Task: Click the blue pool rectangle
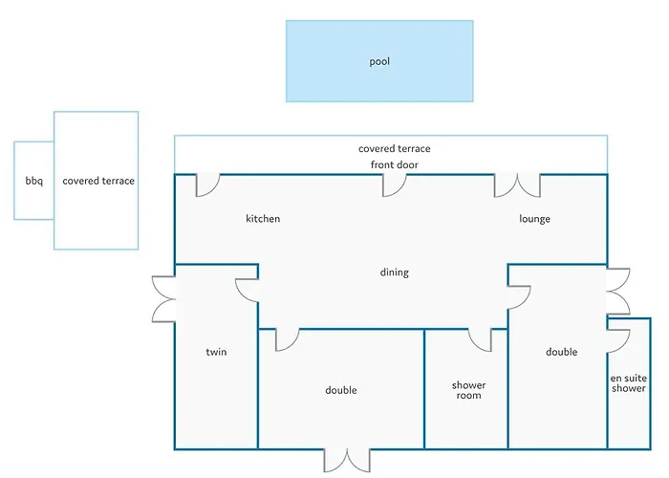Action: coord(379,61)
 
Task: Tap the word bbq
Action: coord(33,181)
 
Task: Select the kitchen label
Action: coord(263,219)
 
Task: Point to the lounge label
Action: coord(534,219)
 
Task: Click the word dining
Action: coord(394,272)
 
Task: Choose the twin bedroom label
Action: coord(216,352)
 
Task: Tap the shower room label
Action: coord(468,390)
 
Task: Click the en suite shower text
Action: coord(629,382)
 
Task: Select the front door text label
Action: coord(394,164)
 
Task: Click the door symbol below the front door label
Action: coord(394,185)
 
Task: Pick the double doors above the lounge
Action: coord(517,185)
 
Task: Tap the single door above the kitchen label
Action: coord(207,185)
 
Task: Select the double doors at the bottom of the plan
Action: coord(345,459)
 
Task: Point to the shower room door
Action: coord(480,338)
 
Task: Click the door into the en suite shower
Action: coord(618,340)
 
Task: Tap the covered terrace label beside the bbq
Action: coord(98,181)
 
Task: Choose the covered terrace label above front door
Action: coord(394,149)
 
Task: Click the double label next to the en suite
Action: coord(561,352)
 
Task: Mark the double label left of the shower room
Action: coord(340,390)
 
